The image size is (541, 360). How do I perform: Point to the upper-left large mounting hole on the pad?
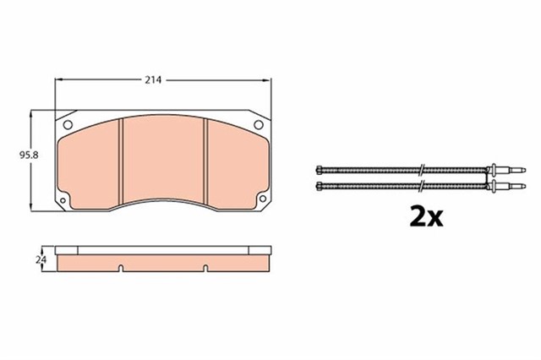click(69, 127)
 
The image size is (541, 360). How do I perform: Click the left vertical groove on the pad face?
click(123, 161)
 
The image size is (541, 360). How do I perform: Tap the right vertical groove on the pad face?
click(207, 161)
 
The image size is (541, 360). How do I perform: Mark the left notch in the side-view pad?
click(123, 269)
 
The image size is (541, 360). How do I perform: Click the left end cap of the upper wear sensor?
click(316, 167)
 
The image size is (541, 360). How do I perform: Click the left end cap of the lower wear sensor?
click(316, 184)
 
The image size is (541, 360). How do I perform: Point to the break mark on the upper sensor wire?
click(420, 167)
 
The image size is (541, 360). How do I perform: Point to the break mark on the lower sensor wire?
click(420, 184)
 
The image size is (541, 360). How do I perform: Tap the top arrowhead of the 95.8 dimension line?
click(32, 112)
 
